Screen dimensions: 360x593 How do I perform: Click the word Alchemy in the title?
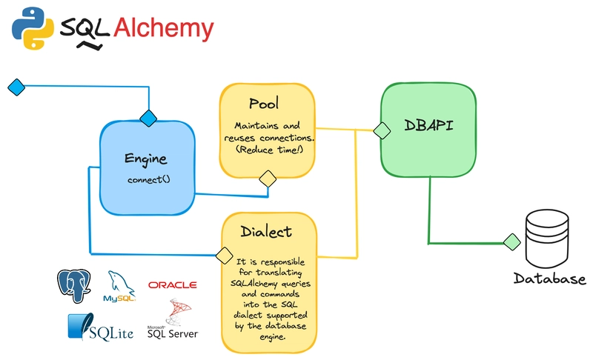tap(163, 28)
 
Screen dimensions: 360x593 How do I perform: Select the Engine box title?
tap(146, 159)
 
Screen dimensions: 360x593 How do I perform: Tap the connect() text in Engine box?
tap(148, 180)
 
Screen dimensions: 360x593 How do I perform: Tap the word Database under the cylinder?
tap(550, 279)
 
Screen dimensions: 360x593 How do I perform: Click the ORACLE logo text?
tap(172, 284)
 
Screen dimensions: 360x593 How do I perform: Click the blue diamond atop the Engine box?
tap(149, 117)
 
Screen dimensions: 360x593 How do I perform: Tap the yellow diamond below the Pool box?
tap(267, 179)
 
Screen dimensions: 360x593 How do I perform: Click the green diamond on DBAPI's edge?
tap(382, 130)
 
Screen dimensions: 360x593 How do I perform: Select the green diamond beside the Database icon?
tap(511, 241)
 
